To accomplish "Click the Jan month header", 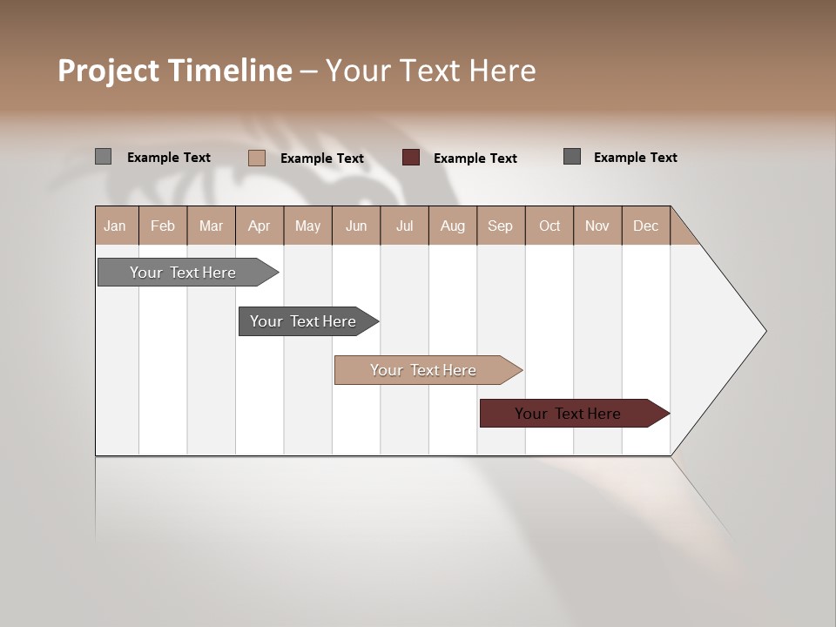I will coord(116,226).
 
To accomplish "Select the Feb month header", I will coord(163,226).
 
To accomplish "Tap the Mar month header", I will coord(211,226).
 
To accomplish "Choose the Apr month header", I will coord(260,226).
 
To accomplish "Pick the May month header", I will coord(307,226).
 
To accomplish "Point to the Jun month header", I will coord(356,226).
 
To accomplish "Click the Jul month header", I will coord(404,226).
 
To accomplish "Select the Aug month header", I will coord(453,226).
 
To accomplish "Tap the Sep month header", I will coord(501,226).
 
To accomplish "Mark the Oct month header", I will coord(549,226).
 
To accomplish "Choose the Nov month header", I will coord(597,226).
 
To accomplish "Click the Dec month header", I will coord(646,226).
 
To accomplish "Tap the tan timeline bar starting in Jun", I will coord(425,370).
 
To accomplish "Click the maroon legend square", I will coord(411,158).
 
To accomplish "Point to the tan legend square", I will coord(257,158).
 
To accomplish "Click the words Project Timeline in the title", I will coord(175,71).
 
